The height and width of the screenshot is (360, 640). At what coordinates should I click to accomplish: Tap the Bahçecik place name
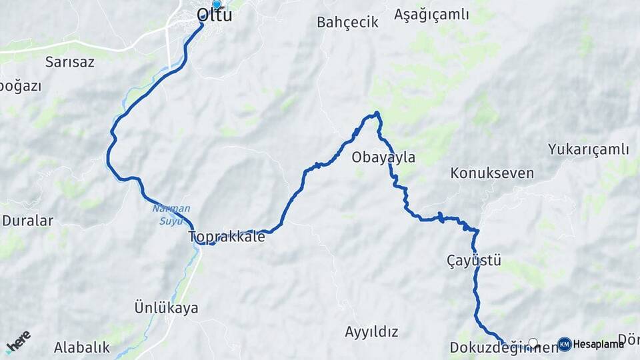[x=347, y=22]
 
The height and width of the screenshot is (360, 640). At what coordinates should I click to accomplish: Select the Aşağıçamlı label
[x=431, y=14]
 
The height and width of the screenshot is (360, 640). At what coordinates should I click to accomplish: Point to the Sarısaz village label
[x=69, y=62]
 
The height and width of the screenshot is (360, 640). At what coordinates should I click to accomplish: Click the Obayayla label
[x=383, y=157]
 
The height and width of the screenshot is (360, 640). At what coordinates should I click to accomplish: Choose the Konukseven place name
[x=492, y=173]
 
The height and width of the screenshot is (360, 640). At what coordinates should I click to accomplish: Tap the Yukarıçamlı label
[x=588, y=149]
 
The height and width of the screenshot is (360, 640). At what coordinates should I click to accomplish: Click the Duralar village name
[x=27, y=220]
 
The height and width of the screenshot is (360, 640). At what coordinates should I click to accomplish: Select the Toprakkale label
[x=227, y=237]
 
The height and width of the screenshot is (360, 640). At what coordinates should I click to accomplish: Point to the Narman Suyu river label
[x=171, y=215]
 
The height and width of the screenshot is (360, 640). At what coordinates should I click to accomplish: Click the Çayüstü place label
[x=474, y=260]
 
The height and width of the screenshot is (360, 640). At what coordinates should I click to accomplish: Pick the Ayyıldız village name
[x=371, y=331]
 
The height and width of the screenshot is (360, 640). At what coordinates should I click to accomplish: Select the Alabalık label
[x=81, y=347]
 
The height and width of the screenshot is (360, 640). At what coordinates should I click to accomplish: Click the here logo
[x=18, y=342]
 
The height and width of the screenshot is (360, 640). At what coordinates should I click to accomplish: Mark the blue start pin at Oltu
[x=216, y=5]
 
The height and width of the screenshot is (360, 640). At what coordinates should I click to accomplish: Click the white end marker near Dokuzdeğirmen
[x=533, y=343]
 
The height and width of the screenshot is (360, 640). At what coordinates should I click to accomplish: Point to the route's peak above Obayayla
[x=377, y=113]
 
